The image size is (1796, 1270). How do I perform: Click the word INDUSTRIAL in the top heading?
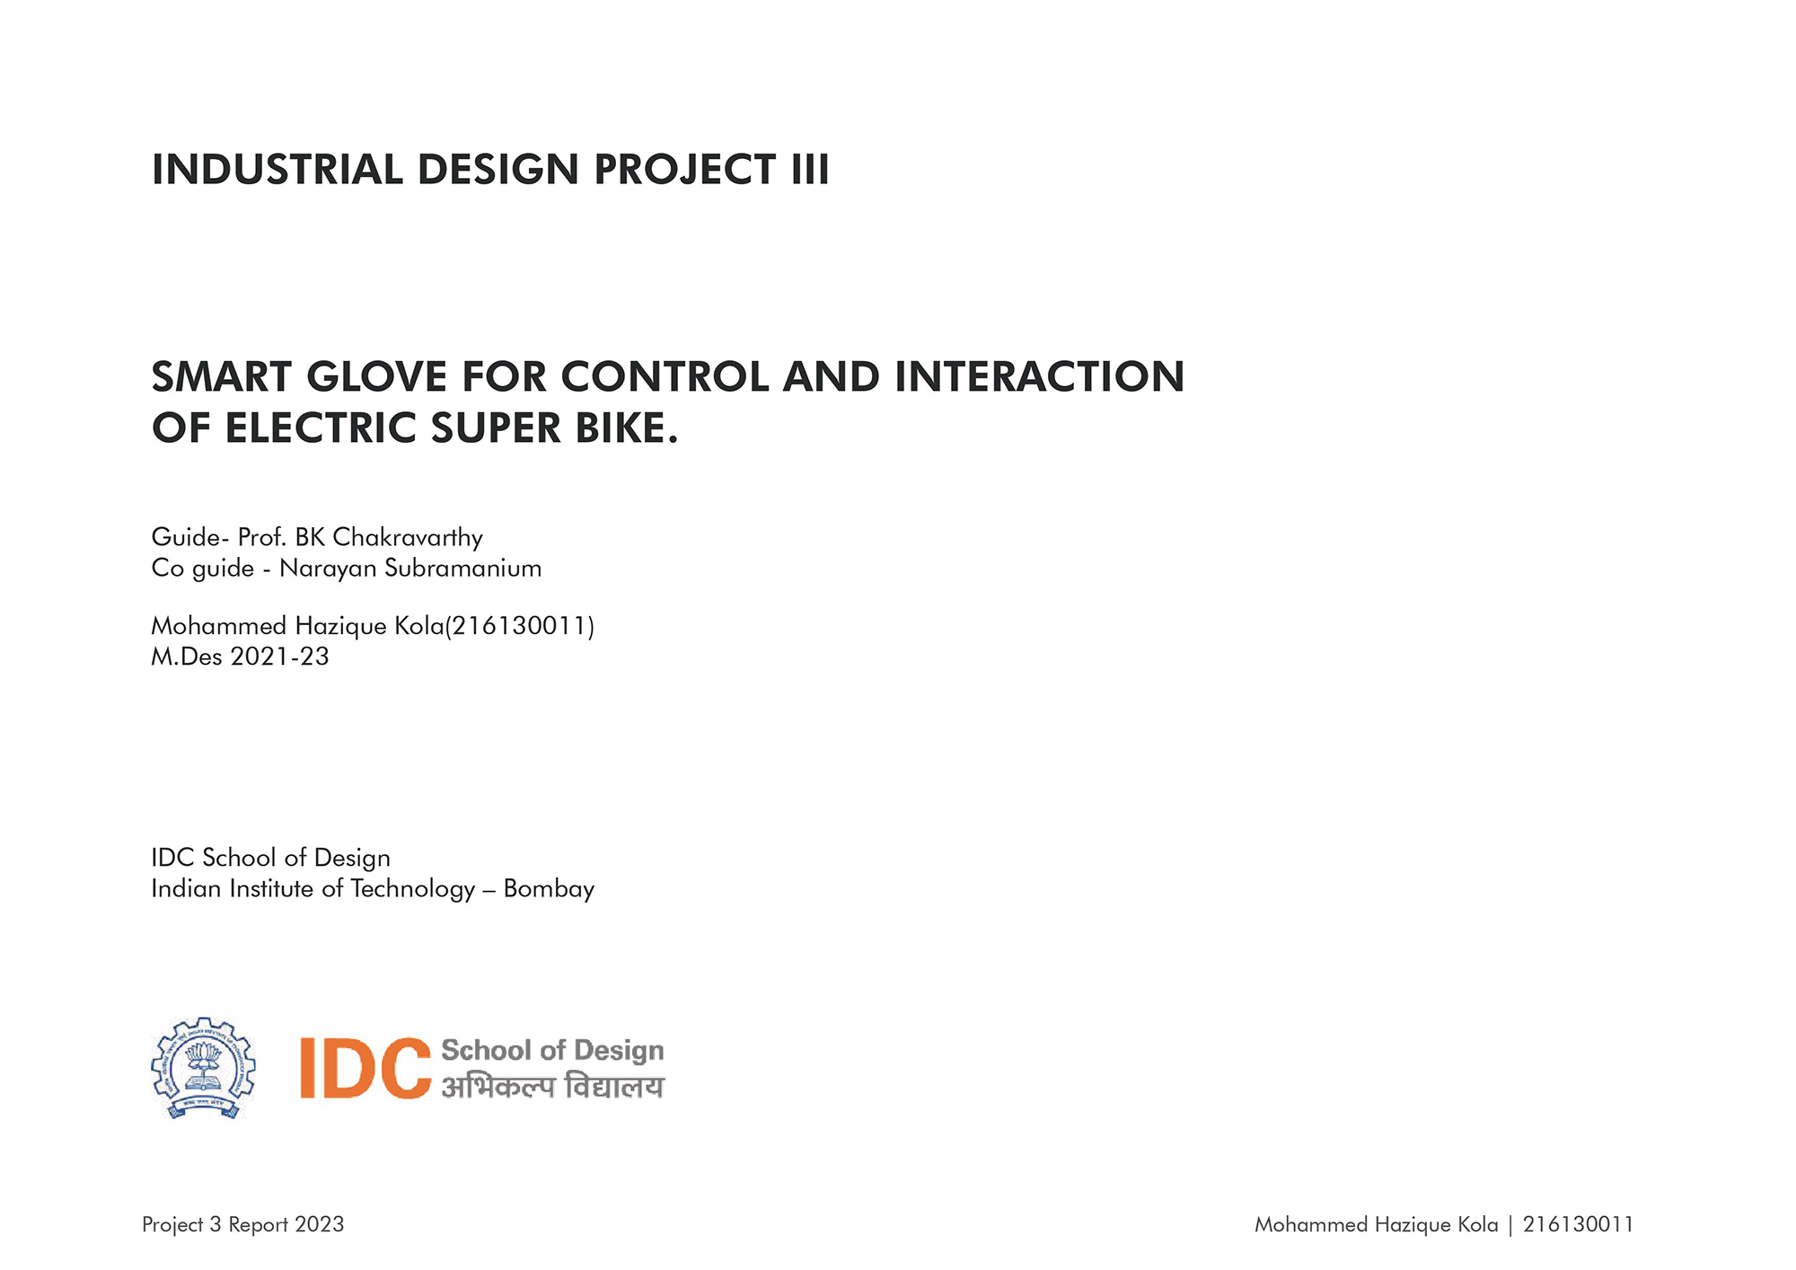[x=277, y=170]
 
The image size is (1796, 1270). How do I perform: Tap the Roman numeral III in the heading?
[x=810, y=170]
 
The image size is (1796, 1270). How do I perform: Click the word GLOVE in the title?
[x=377, y=376]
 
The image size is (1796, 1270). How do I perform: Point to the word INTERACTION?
[x=1040, y=376]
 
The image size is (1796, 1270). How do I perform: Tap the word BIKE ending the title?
[x=627, y=428]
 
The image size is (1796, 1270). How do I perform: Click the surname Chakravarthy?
[x=408, y=537]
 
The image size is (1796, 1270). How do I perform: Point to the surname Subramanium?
[x=463, y=568]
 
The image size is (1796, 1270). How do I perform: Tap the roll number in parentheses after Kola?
[x=520, y=626]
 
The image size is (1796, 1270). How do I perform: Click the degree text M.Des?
[x=187, y=657]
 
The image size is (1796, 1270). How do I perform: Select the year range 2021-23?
[x=280, y=657]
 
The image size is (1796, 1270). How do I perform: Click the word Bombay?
[x=549, y=888]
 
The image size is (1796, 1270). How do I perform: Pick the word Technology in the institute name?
[x=413, y=889]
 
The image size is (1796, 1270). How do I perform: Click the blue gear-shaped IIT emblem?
[x=203, y=1068]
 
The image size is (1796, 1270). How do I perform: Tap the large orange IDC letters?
[x=365, y=1068]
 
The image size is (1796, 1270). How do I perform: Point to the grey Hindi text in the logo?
[x=552, y=1086]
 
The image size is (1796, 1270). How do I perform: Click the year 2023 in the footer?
[x=320, y=1224]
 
